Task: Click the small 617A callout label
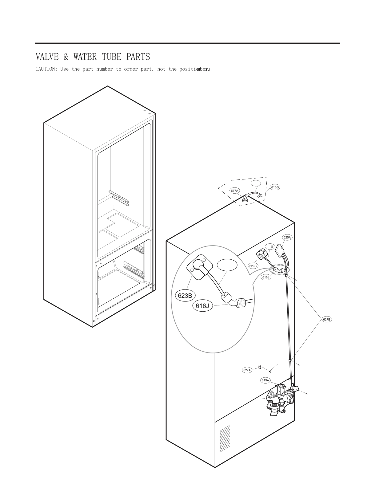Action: click(234, 191)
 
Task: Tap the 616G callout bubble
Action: click(275, 187)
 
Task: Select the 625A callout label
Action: click(287, 237)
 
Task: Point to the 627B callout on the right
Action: click(327, 319)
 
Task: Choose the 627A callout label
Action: click(247, 370)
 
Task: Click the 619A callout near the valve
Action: click(265, 380)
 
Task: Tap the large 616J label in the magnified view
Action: click(202, 306)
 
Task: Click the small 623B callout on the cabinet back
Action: click(253, 266)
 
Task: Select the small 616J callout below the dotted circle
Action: click(266, 277)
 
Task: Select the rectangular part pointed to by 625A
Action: click(281, 250)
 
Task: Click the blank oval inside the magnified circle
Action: click(227, 265)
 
